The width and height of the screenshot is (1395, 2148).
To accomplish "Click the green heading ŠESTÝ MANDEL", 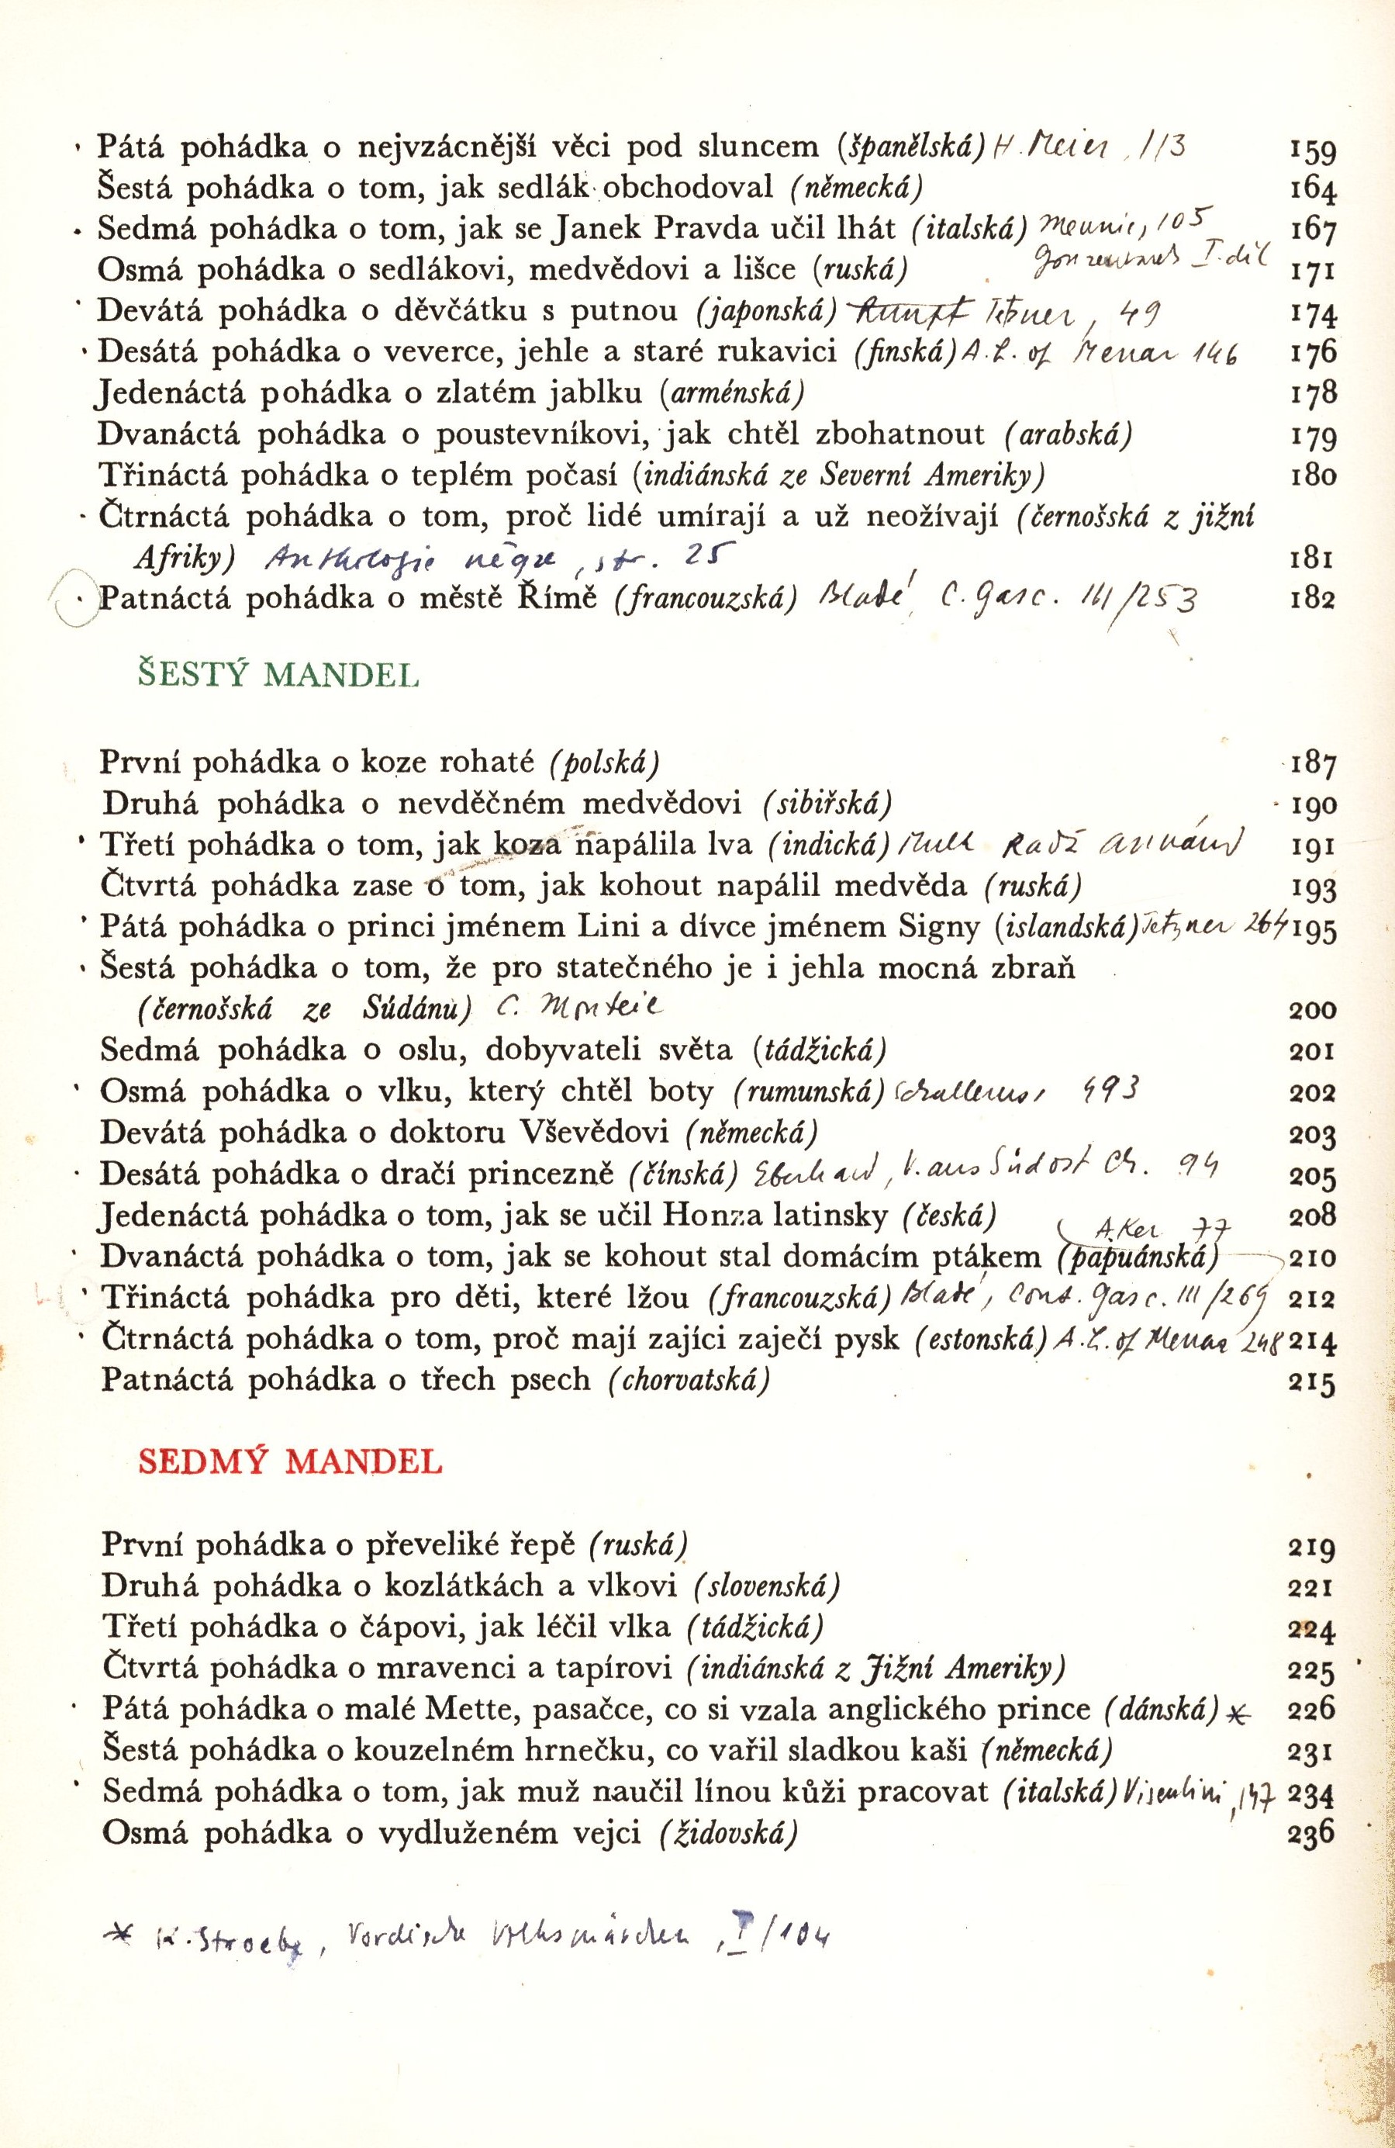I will (277, 676).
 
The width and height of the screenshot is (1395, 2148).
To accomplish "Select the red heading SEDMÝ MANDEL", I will (290, 1461).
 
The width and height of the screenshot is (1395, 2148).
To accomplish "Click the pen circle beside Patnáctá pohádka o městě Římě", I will (78, 600).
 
